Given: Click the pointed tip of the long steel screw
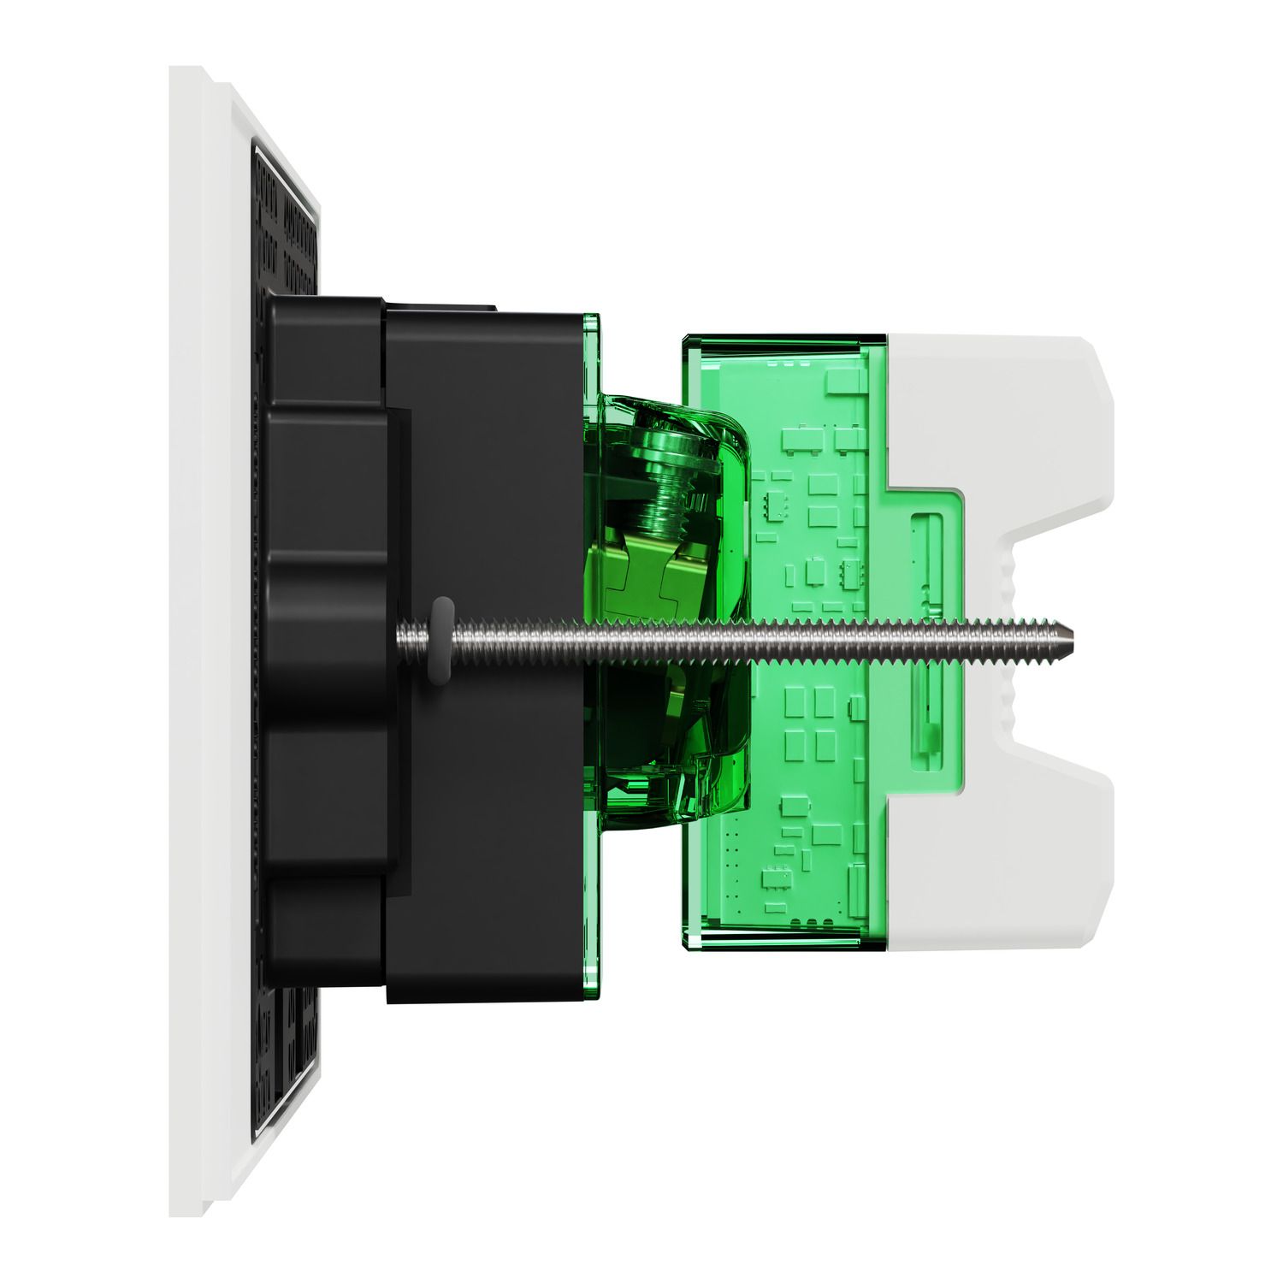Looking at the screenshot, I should (1076, 637).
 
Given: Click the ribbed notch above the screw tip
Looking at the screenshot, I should (1009, 565).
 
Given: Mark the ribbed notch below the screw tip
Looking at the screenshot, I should (1009, 710).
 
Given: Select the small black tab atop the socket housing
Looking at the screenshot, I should (440, 303).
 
